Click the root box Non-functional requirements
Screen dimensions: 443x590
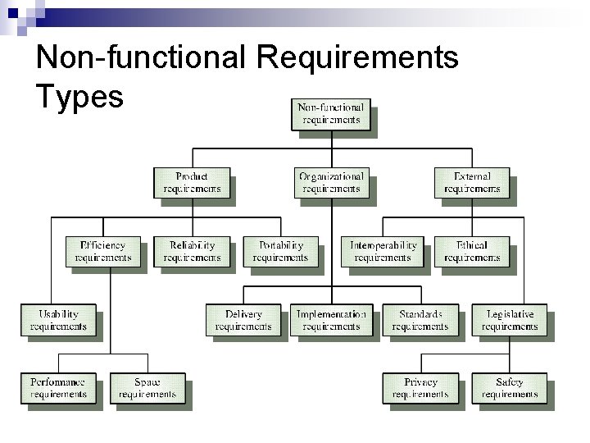click(330, 113)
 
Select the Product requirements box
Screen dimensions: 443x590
click(192, 182)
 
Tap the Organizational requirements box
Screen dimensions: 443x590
click(331, 182)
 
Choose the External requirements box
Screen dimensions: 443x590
click(472, 182)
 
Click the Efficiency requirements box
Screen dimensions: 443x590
click(103, 251)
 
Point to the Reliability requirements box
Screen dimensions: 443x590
click(192, 251)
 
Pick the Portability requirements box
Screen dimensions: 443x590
click(280, 251)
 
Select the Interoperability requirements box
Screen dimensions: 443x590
click(383, 251)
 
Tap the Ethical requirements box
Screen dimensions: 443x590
click(472, 251)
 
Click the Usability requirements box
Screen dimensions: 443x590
click(59, 320)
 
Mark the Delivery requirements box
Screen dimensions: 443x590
click(243, 320)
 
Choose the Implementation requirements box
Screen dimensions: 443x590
click(331, 320)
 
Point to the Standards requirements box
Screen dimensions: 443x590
click(420, 320)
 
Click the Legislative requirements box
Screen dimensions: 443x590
click(510, 320)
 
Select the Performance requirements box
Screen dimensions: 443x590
click(59, 388)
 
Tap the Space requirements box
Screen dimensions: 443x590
click(147, 388)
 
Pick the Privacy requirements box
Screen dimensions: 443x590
click(420, 388)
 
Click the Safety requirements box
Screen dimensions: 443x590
click(510, 388)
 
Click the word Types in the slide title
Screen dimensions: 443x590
click(80, 96)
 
